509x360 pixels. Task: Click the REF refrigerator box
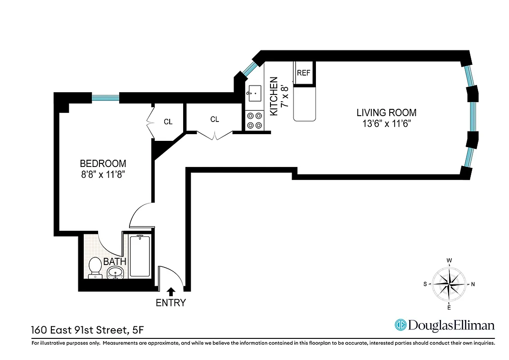[304, 72]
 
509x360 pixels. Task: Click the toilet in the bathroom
[95, 266]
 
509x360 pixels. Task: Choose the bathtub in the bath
[140, 256]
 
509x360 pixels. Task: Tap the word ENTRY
[171, 303]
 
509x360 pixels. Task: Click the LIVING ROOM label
[387, 112]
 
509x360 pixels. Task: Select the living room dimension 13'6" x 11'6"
[387, 123]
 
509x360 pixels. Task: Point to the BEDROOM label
[103, 163]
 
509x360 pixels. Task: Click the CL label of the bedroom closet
[168, 121]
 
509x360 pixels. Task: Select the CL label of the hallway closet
[215, 119]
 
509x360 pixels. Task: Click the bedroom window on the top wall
[105, 97]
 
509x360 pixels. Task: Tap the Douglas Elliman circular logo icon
[400, 325]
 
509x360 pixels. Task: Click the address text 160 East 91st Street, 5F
[88, 330]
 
